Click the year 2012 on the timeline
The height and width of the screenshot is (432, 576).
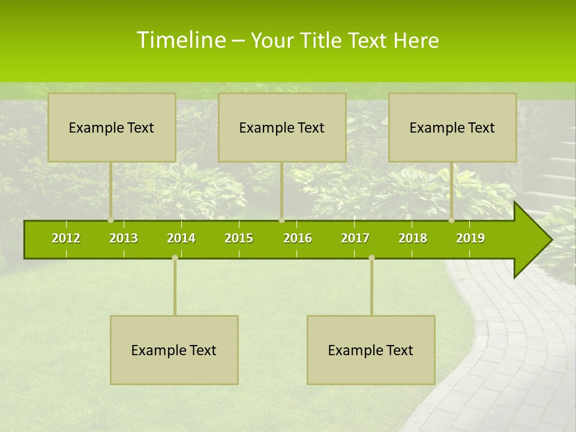point(66,238)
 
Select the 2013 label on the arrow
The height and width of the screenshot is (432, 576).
point(124,238)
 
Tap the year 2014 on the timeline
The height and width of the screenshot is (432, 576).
point(181,238)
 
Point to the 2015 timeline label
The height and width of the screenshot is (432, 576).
point(239,238)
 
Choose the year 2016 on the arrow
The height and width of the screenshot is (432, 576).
point(298,238)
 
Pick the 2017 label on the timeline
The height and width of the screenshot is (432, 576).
point(355,238)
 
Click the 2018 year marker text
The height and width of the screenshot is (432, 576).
point(413,238)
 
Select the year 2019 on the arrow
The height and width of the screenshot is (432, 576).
point(470,238)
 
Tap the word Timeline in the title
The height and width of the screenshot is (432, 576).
point(181,40)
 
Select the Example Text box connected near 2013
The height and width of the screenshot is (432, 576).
point(112,127)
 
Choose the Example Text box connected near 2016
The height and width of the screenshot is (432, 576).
point(282,127)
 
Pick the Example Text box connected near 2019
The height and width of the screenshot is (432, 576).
point(452,127)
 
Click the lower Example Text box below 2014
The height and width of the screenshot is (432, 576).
point(174,350)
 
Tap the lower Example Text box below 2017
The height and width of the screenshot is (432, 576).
point(371,350)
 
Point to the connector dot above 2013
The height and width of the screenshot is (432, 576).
point(110,220)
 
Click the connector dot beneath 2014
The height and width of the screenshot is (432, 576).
point(175,258)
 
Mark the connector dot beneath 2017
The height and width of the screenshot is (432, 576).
point(371,258)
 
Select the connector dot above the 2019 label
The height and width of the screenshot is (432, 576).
point(452,220)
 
